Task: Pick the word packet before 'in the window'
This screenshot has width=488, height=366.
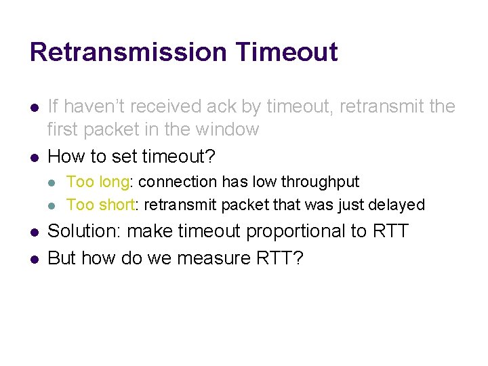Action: point(119,129)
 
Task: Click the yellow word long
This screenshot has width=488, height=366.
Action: point(114,182)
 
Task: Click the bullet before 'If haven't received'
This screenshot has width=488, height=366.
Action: point(33,107)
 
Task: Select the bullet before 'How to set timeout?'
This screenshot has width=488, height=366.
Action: point(33,157)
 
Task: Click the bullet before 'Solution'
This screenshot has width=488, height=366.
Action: point(33,232)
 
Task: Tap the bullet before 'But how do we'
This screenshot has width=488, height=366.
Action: point(33,259)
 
